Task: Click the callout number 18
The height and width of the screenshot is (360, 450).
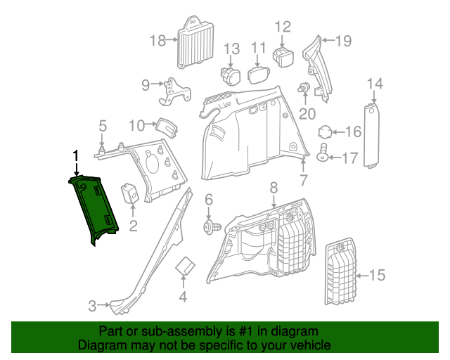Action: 157,41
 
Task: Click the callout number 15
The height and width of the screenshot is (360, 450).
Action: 378,275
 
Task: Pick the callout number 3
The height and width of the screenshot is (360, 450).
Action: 93,306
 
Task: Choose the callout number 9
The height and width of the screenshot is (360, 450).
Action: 146,85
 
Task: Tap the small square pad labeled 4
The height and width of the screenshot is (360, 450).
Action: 185,268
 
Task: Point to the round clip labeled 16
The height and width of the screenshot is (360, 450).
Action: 326,131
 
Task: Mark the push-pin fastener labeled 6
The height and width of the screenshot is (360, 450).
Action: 210,226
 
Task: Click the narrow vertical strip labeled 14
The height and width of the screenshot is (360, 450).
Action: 371,136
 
